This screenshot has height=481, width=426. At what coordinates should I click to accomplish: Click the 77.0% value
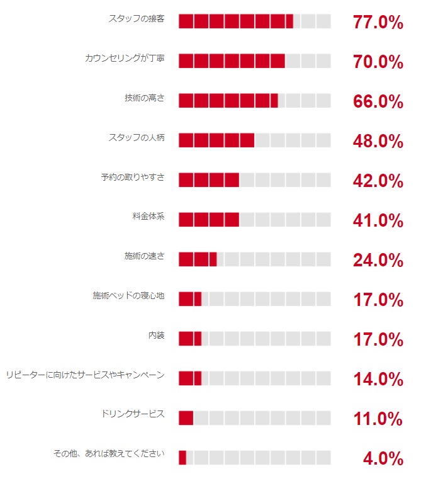click(378, 22)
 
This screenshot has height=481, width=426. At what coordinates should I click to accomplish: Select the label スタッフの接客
click(137, 19)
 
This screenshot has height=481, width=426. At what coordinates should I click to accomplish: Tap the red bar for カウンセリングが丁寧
click(232, 61)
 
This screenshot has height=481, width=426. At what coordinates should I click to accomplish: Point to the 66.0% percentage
click(378, 101)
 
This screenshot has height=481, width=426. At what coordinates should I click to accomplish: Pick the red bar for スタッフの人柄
click(216, 140)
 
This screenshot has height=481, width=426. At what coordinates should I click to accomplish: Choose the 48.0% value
click(378, 141)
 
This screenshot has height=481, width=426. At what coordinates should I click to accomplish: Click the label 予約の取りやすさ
click(133, 178)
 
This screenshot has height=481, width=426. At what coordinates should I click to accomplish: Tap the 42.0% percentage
click(378, 181)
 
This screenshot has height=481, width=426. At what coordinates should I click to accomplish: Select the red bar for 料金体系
click(209, 220)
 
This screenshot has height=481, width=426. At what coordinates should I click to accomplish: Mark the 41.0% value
click(378, 220)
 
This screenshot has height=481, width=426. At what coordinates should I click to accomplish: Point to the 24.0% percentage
click(378, 260)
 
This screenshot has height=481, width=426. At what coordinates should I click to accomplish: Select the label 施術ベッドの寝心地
click(128, 296)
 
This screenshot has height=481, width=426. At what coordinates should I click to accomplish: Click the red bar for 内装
click(190, 339)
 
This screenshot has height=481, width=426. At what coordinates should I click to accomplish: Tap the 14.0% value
click(378, 379)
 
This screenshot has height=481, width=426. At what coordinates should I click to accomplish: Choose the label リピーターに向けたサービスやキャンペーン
click(85, 375)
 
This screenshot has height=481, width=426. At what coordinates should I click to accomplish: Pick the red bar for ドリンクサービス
click(186, 418)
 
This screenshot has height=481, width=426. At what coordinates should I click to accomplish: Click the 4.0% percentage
click(383, 458)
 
